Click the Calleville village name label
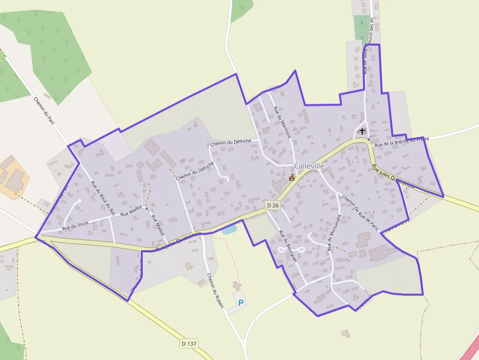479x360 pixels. click(x=309, y=166)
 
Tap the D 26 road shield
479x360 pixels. click(x=273, y=206)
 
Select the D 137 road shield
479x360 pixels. click(x=189, y=344)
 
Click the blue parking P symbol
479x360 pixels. click(x=240, y=303)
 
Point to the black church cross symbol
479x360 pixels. click(x=362, y=131)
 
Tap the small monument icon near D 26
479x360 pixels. click(x=292, y=177)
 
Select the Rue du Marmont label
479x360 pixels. click(x=282, y=122)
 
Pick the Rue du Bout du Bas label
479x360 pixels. click(x=103, y=198)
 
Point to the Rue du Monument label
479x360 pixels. click(x=334, y=233)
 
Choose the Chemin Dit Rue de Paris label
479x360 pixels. click(x=361, y=212)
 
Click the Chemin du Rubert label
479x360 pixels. click(x=215, y=291)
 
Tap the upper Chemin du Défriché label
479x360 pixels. click(x=230, y=142)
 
